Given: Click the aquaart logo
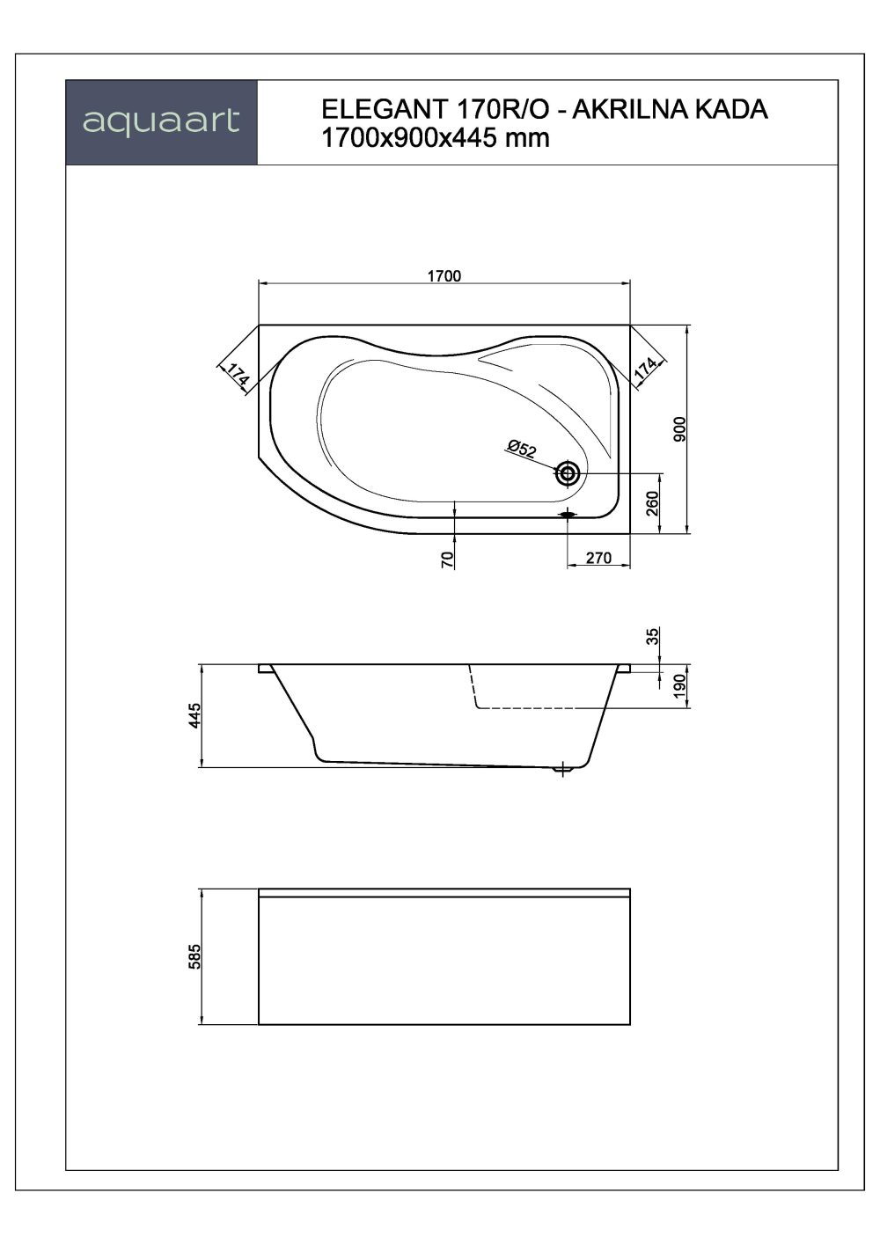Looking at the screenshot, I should (161, 121).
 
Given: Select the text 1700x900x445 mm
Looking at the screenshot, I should (436, 138).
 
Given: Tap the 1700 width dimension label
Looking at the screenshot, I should (444, 274).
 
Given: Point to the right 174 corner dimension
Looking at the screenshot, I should (647, 368).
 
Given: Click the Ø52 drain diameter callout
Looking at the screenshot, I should (522, 449).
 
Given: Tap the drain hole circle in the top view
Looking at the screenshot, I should (568, 474).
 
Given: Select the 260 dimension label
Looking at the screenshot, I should (652, 503).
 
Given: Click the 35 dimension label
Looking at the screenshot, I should (652, 636).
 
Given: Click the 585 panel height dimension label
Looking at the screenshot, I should (195, 956).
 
